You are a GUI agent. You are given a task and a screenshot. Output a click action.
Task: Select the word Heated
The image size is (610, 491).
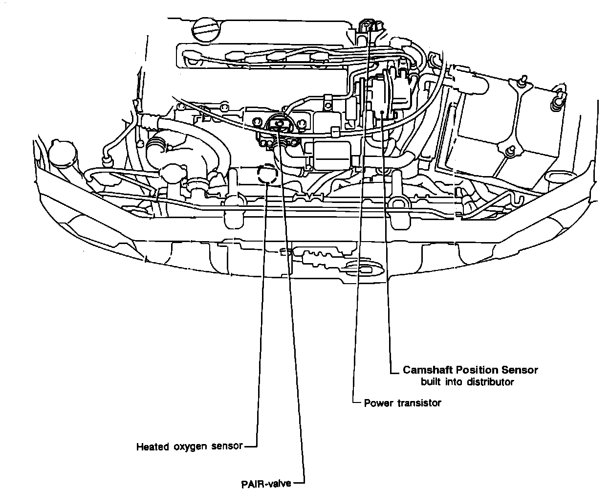click(x=152, y=446)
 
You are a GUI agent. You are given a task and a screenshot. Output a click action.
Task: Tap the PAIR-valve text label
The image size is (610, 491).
click(x=266, y=484)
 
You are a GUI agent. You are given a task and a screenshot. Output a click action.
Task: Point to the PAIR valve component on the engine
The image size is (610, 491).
click(x=279, y=126)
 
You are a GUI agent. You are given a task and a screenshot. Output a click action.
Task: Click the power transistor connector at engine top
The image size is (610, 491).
click(x=369, y=25)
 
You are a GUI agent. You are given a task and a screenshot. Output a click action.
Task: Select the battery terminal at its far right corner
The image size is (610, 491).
click(x=556, y=100)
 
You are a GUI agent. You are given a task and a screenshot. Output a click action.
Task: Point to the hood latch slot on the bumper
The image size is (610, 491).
click(x=362, y=268)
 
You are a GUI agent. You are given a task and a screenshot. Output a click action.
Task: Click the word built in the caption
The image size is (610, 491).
click(x=431, y=382)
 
